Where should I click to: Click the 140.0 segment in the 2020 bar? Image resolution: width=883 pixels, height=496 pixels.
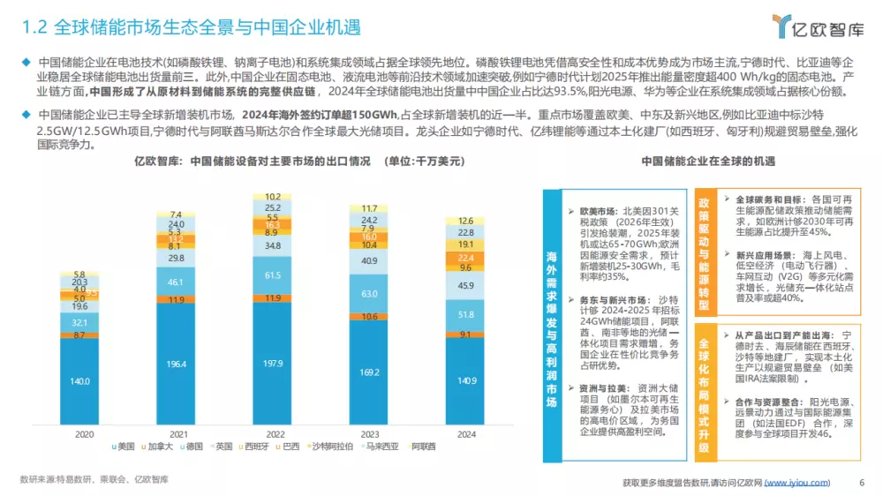(x=80, y=380)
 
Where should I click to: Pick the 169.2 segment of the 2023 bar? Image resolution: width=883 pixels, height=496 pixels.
(x=369, y=372)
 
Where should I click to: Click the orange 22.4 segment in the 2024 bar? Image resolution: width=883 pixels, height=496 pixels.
(x=466, y=257)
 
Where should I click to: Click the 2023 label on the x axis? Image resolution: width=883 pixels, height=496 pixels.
(x=369, y=433)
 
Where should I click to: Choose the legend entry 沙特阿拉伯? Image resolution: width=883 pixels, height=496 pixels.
(x=330, y=448)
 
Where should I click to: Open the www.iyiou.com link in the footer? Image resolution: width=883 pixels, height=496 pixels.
(x=796, y=482)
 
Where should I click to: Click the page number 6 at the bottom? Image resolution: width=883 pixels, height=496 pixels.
(x=861, y=482)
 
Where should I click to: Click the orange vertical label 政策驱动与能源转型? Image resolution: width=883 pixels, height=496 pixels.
(x=703, y=250)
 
